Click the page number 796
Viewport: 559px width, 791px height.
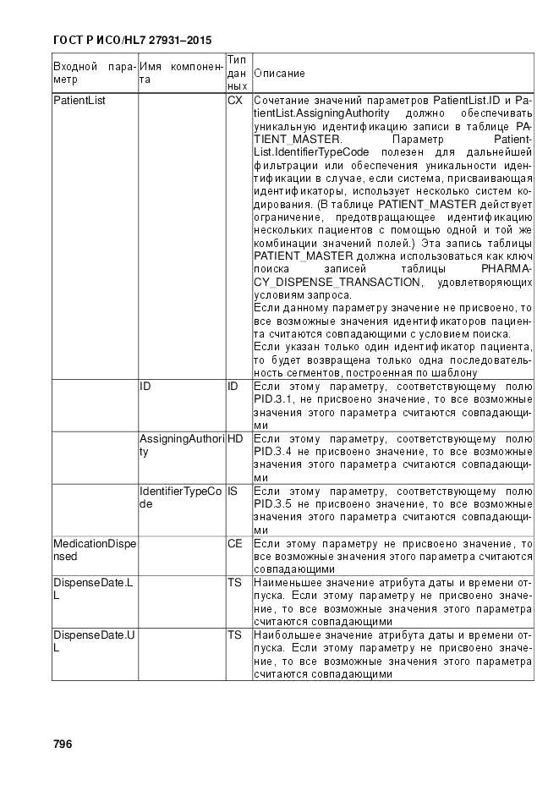coord(63,744)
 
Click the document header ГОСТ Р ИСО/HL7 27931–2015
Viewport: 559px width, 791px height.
coord(132,40)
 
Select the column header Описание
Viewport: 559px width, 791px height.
coord(279,74)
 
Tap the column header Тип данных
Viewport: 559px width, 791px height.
coord(237,73)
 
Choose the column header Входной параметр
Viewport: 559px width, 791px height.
coord(94,73)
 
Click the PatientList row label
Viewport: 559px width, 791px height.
coord(75,101)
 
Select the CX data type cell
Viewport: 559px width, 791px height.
coord(234,101)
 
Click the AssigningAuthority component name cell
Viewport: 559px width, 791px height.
coord(180,445)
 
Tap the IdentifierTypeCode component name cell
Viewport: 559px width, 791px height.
coord(180,497)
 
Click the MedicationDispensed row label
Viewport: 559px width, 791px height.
coord(94,550)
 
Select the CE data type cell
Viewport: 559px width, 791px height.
coord(234,544)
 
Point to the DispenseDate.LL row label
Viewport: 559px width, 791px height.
coord(93,590)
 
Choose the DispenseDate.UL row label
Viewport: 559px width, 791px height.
coord(93,642)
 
